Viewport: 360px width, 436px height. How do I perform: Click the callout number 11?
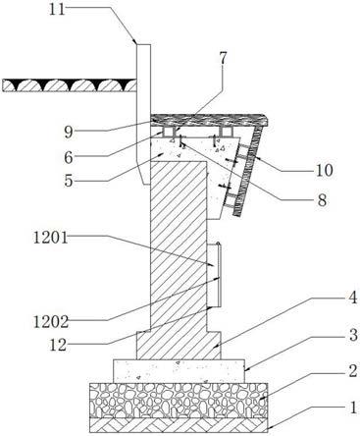pyautogui.click(x=58, y=9)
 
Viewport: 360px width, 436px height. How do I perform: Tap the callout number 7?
pyautogui.click(x=223, y=59)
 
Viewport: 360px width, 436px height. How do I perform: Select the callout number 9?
pyautogui.click(x=69, y=133)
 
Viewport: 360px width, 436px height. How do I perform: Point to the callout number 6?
pyautogui.click(x=69, y=157)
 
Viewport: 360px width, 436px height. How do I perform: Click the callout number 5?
pyautogui.click(x=69, y=181)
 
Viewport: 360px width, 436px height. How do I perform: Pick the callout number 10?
pyautogui.click(x=324, y=171)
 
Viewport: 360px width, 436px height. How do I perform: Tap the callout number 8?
pyautogui.click(x=322, y=200)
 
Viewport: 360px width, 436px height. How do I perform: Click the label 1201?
pyautogui.click(x=51, y=238)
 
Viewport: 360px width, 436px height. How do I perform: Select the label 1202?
pyautogui.click(x=51, y=322)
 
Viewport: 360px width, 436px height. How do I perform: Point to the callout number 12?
pyautogui.click(x=58, y=346)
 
